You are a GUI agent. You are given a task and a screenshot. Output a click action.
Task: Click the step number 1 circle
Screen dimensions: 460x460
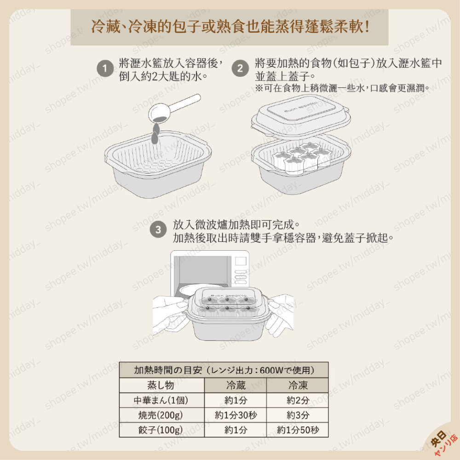pyautogui.click(x=105, y=69)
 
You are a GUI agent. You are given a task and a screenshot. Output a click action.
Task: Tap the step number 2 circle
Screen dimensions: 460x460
pyautogui.click(x=240, y=69)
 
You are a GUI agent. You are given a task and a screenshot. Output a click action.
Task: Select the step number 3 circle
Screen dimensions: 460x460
pyautogui.click(x=158, y=230)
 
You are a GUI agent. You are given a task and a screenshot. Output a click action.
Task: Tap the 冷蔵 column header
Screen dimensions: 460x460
pyautogui.click(x=235, y=385)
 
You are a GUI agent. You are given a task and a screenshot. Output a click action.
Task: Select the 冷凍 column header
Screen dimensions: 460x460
pyautogui.click(x=298, y=385)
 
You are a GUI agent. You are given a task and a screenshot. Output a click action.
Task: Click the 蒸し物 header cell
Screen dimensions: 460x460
pyautogui.click(x=161, y=385)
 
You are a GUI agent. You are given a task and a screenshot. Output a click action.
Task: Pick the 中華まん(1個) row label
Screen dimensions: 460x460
pyautogui.click(x=161, y=400)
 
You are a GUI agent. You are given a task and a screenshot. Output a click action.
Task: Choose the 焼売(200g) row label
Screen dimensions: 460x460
pyautogui.click(x=161, y=415)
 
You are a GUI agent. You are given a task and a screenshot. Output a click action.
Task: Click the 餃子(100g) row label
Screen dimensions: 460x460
pyautogui.click(x=161, y=430)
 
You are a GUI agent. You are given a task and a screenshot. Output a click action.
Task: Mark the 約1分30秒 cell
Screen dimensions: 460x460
pyautogui.click(x=235, y=415)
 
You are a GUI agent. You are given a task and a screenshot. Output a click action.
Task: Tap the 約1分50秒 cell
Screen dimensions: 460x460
pyautogui.click(x=298, y=430)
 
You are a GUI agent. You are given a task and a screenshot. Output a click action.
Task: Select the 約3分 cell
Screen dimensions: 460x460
pyautogui.click(x=298, y=415)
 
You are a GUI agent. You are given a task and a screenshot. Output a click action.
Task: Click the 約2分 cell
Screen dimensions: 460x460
pyautogui.click(x=298, y=400)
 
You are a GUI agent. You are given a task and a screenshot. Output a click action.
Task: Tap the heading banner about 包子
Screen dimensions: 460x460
pyautogui.click(x=230, y=26)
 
